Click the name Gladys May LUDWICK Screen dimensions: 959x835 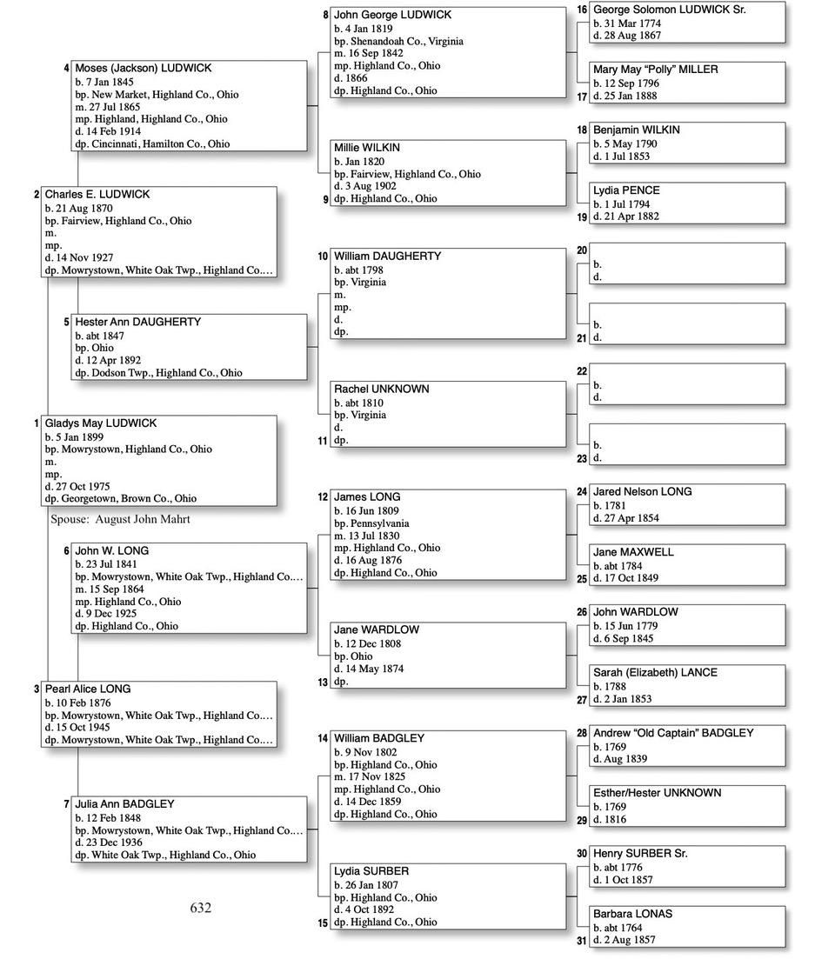click(x=101, y=423)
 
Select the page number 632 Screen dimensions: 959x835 click(x=200, y=908)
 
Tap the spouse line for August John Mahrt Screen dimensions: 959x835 click(x=120, y=519)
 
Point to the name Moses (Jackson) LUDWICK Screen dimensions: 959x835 click(x=143, y=68)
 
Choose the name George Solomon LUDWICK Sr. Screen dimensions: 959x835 click(x=669, y=10)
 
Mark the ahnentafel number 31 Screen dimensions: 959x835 click(x=582, y=941)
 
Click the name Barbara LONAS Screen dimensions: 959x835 click(x=632, y=914)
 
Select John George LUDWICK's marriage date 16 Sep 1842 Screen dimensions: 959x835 click(x=371, y=53)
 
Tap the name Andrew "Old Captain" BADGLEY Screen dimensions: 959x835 click(x=673, y=733)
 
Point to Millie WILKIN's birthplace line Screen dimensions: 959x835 click(x=407, y=174)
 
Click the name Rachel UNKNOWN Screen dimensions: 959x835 click(x=381, y=389)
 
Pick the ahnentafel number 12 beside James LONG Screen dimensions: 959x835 click(x=323, y=497)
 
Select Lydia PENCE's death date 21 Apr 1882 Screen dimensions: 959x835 click(x=626, y=216)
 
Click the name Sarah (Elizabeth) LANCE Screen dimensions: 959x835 click(x=655, y=672)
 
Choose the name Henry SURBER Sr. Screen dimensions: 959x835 click(x=640, y=854)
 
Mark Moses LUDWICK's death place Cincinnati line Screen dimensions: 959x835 click(x=152, y=143)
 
